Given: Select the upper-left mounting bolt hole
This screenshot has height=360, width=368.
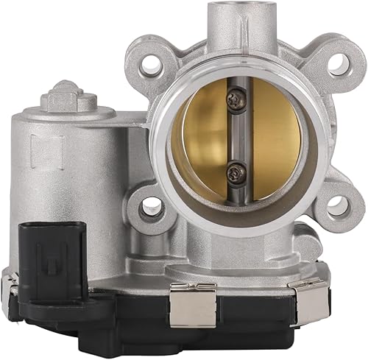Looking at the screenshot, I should (x=152, y=64).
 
